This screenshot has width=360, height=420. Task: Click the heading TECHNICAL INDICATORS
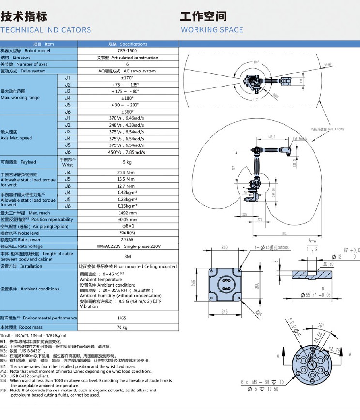coord(46,30)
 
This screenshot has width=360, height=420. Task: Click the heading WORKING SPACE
coord(212,30)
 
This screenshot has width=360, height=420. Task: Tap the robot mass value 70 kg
coord(127,328)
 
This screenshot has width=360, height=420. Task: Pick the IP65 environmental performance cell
coord(127,318)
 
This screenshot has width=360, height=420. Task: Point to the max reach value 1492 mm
coord(127,213)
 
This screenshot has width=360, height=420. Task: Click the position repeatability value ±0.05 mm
coord(127,219)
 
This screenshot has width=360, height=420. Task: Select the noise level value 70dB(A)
coord(127,233)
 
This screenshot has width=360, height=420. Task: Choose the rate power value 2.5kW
coord(127,240)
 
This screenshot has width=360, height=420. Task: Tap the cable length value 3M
coord(127,256)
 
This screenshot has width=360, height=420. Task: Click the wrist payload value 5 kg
coord(127,162)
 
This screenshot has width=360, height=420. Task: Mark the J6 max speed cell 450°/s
coord(127,152)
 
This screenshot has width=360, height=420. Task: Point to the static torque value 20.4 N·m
coord(127,172)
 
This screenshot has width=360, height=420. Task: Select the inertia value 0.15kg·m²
coord(127,206)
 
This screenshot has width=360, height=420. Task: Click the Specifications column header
coord(127,44)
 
